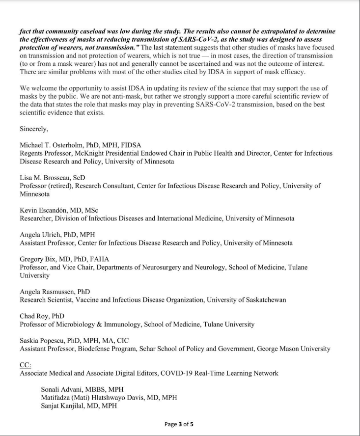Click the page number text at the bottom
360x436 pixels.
(180, 424)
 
